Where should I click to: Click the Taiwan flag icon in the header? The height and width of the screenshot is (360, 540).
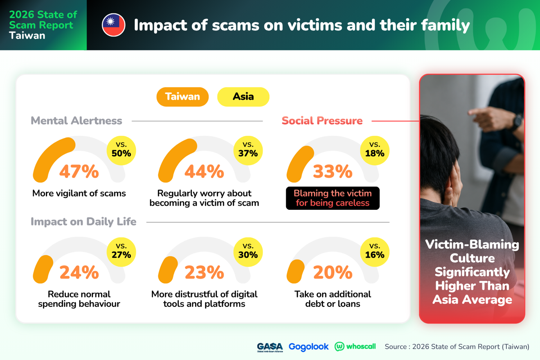tap(113, 25)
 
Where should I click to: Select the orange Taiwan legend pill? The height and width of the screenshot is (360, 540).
tap(182, 97)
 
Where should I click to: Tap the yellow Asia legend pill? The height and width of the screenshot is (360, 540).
tap(243, 97)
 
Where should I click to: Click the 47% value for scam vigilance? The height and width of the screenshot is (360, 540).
tap(79, 171)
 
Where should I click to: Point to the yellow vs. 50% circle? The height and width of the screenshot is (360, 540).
tap(121, 151)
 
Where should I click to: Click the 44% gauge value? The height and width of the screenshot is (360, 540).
tap(204, 171)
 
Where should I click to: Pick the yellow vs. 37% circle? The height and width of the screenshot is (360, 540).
tap(248, 151)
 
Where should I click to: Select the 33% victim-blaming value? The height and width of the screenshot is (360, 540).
tap(333, 171)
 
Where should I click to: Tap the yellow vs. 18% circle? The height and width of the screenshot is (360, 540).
tap(375, 151)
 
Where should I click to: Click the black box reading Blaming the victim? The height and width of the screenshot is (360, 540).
tap(333, 198)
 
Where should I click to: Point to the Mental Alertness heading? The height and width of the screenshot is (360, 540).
tap(76, 121)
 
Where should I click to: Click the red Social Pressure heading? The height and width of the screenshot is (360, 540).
tap(322, 121)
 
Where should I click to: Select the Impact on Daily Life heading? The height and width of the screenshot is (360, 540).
tap(83, 222)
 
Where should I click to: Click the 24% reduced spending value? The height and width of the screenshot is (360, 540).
tap(79, 272)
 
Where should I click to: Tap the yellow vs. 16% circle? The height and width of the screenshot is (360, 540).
tap(375, 252)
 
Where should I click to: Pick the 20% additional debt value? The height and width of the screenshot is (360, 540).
tap(333, 272)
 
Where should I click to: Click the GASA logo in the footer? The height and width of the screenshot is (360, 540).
tap(270, 347)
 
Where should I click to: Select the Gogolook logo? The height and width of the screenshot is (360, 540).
tap(308, 347)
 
